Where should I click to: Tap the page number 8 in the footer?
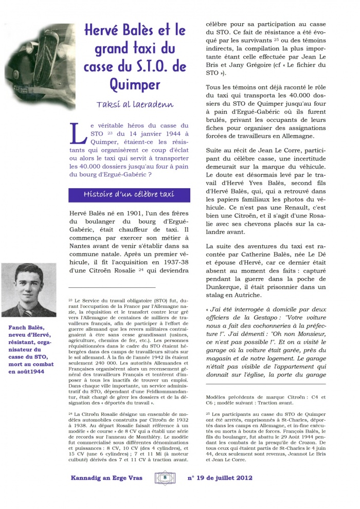pyautogui.click(x=165, y=478)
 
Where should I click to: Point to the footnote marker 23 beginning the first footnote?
pyautogui.click(x=70, y=299)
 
